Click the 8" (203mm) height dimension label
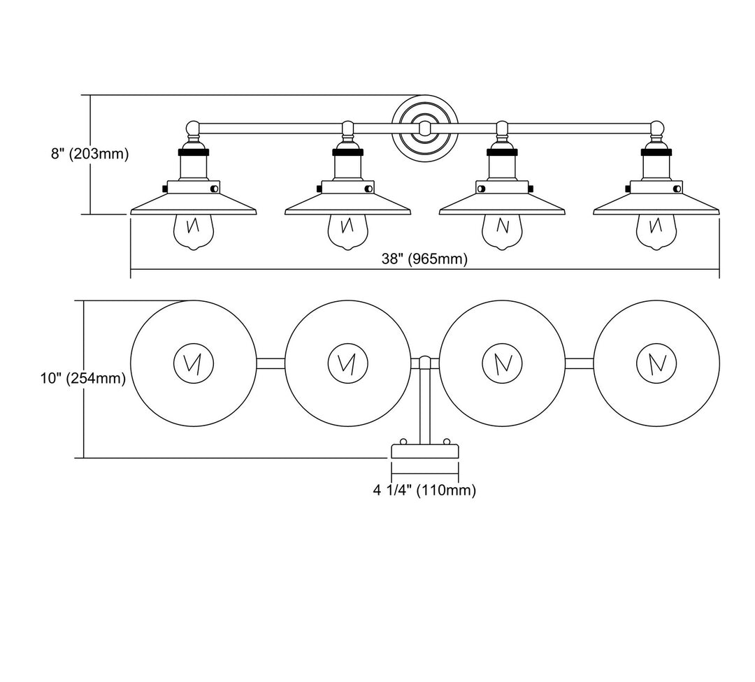[89, 154]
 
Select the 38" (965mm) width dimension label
[424, 259]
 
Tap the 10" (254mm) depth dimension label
[82, 379]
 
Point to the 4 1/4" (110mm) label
[424, 491]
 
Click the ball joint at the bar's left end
[193, 128]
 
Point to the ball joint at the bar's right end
[656, 128]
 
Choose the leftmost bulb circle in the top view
[194, 363]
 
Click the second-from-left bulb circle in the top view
[347, 363]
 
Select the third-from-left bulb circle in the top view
[502, 363]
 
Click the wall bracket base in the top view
[424, 451]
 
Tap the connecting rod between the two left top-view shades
[271, 363]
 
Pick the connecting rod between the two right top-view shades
[579, 363]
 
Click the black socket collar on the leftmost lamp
[193, 150]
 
